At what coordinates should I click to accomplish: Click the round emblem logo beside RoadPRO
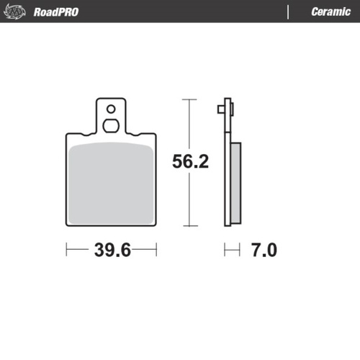tap(17, 12)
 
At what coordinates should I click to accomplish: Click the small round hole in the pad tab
tap(110, 110)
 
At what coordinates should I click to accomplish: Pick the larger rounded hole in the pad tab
tap(110, 125)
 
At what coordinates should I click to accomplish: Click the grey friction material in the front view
tap(112, 184)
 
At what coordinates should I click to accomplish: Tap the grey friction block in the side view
tap(235, 184)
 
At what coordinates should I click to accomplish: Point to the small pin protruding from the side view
tap(219, 109)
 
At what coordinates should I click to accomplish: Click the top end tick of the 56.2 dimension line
tap(189, 99)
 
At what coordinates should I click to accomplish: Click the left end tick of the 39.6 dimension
tap(66, 250)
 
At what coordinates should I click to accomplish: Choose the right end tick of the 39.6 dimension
tap(156, 250)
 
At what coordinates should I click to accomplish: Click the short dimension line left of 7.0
tap(231, 250)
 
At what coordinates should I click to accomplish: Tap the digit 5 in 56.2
tap(177, 162)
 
